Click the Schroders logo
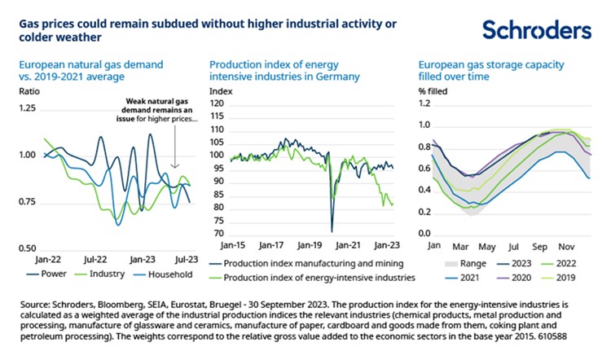coord(535,30)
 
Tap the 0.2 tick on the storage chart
coord(425,213)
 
